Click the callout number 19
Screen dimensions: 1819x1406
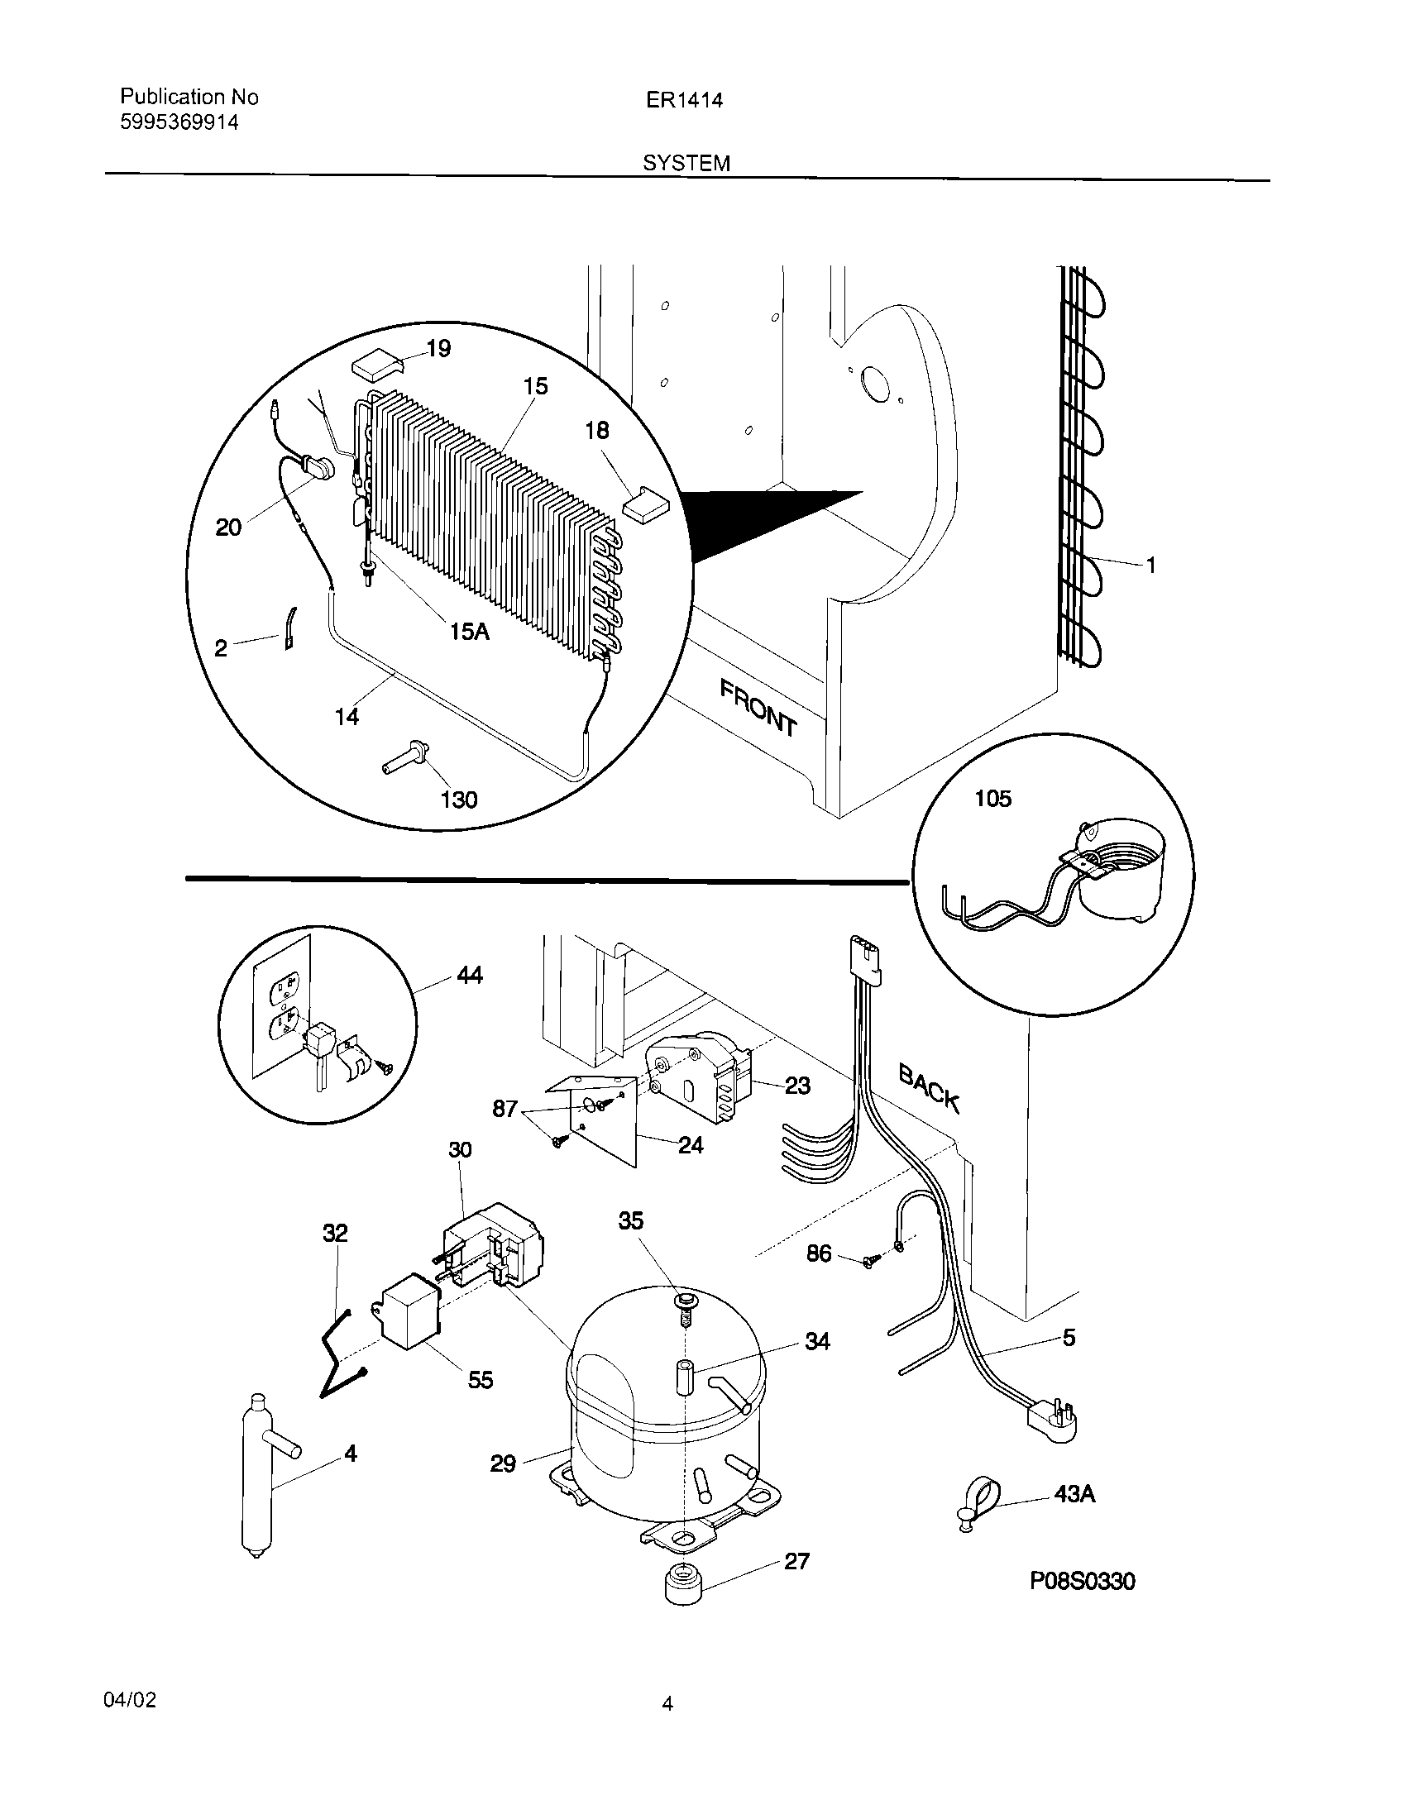[438, 348]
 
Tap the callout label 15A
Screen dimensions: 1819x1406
[469, 632]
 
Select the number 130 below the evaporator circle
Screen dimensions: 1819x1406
[458, 800]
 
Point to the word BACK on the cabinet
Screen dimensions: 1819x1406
[930, 1088]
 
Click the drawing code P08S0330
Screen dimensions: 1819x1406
[1082, 1603]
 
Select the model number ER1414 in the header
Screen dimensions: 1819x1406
[684, 100]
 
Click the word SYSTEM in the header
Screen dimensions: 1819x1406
[686, 163]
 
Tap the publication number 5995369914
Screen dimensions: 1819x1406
[179, 122]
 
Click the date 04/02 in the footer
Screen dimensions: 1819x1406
[129, 1700]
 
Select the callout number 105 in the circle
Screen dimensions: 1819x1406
[992, 799]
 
